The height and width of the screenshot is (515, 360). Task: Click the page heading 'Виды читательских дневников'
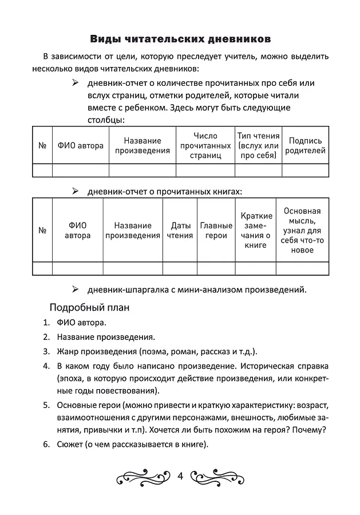tap(180, 39)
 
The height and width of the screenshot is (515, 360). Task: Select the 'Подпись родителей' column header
tap(305, 145)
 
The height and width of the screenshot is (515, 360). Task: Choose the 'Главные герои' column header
tap(216, 231)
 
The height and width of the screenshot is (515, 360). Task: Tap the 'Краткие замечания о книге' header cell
tap(256, 231)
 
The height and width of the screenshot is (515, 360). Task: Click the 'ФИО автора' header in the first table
tap(80, 145)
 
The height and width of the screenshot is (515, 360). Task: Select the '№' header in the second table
tap(42, 231)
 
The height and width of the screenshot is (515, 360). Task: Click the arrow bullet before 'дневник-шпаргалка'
tap(74, 289)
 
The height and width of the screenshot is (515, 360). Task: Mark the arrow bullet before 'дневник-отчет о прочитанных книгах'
tap(74, 191)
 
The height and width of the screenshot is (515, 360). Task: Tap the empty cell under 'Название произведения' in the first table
tap(143, 170)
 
